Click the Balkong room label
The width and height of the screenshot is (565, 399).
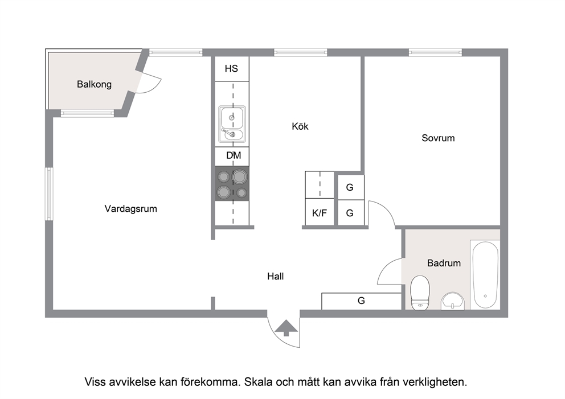94,84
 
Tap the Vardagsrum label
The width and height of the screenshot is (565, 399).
131,209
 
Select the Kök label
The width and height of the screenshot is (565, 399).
300,126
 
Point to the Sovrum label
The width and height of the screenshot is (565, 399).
438,138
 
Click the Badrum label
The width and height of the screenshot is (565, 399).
444,263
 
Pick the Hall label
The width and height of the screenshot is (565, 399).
276,276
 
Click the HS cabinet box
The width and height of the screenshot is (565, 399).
232,69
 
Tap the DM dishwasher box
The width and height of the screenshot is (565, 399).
232,157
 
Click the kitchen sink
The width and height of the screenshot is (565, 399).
232,123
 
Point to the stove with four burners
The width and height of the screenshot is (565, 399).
232,183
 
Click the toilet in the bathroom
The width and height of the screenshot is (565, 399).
420,293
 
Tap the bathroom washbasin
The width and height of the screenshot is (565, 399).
453,301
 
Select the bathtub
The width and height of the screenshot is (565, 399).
485,275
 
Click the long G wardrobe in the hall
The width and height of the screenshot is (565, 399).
362,301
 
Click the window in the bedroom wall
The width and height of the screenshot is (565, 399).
435,52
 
